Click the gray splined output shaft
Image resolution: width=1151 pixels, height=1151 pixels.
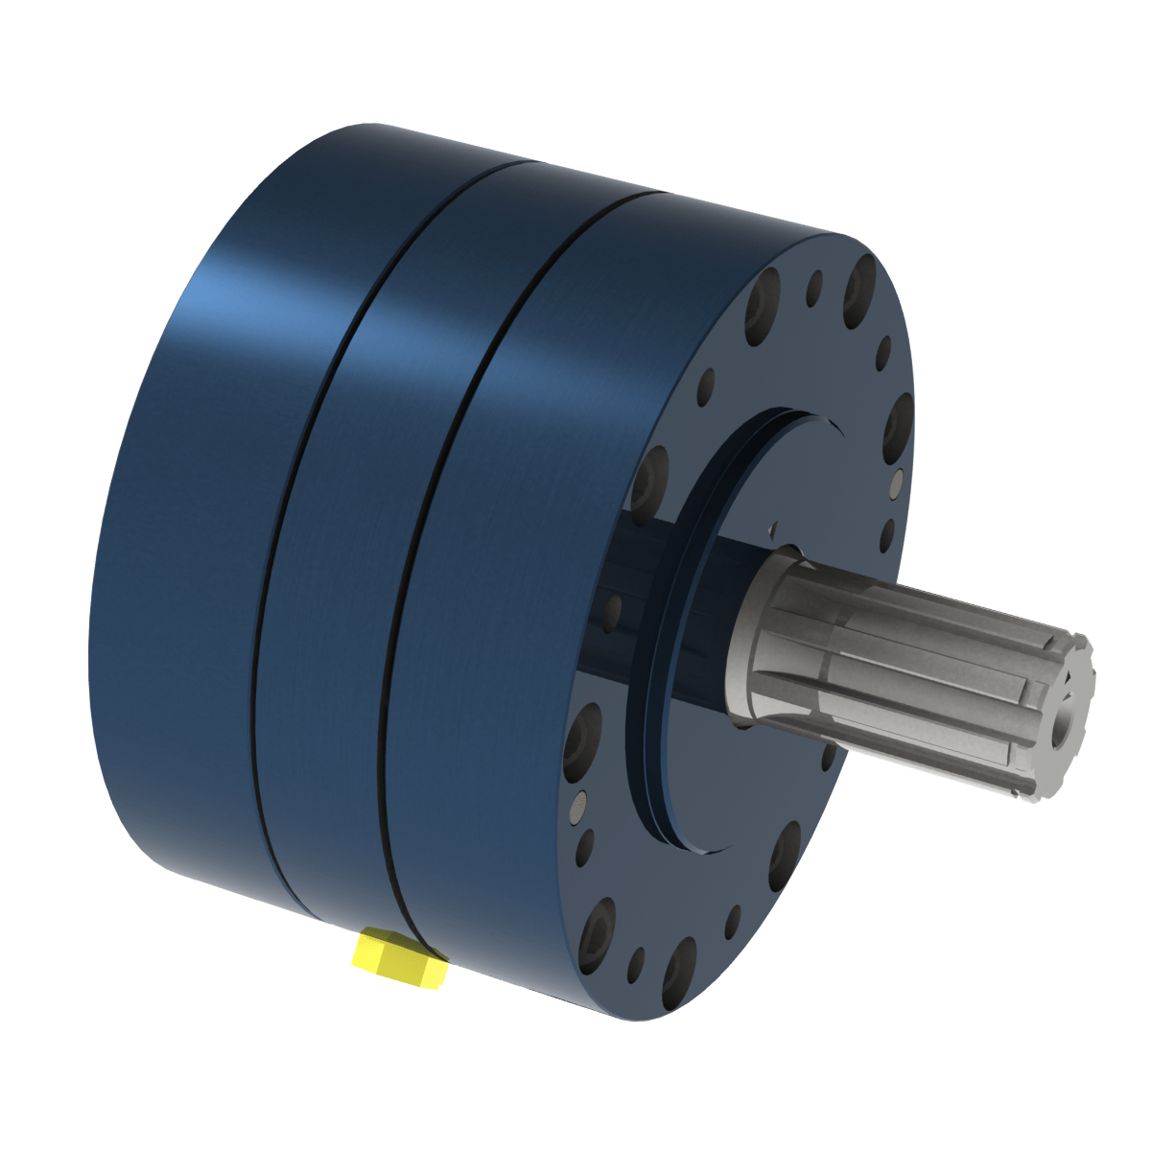tap(911, 671)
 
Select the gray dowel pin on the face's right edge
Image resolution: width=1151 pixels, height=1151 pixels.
tap(897, 484)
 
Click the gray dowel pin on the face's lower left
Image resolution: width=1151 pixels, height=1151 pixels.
tap(578, 806)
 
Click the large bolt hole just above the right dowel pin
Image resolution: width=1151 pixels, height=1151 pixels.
tap(900, 423)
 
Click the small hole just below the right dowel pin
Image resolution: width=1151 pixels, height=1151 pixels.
tap(888, 533)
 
